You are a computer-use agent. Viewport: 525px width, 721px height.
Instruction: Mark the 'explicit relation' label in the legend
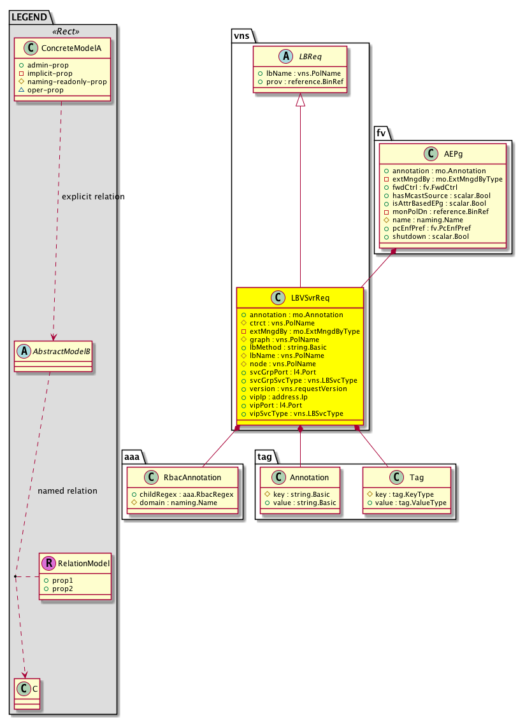coord(93,196)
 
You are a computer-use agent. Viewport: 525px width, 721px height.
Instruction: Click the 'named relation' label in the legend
coord(68,490)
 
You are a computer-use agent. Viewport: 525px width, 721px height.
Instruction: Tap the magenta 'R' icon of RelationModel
coord(48,563)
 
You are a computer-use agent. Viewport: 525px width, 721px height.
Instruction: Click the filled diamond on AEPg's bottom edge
coord(394,252)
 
